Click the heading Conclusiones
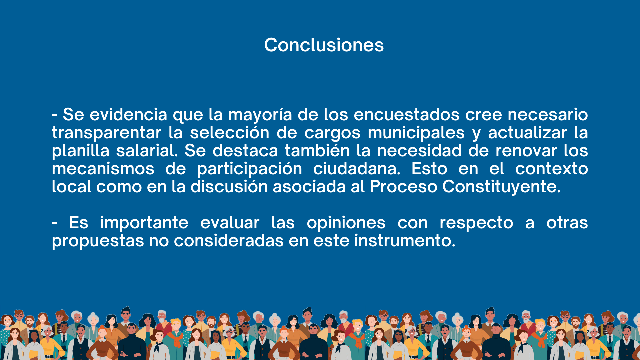(x=324, y=45)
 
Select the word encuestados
(x=407, y=115)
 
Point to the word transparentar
(x=107, y=133)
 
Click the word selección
(x=230, y=133)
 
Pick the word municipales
(x=416, y=133)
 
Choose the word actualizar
(x=527, y=133)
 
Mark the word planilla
(x=81, y=151)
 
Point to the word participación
(x=250, y=169)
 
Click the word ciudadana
(x=357, y=169)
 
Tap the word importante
(x=144, y=223)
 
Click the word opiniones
(x=346, y=223)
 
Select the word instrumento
(x=405, y=241)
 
